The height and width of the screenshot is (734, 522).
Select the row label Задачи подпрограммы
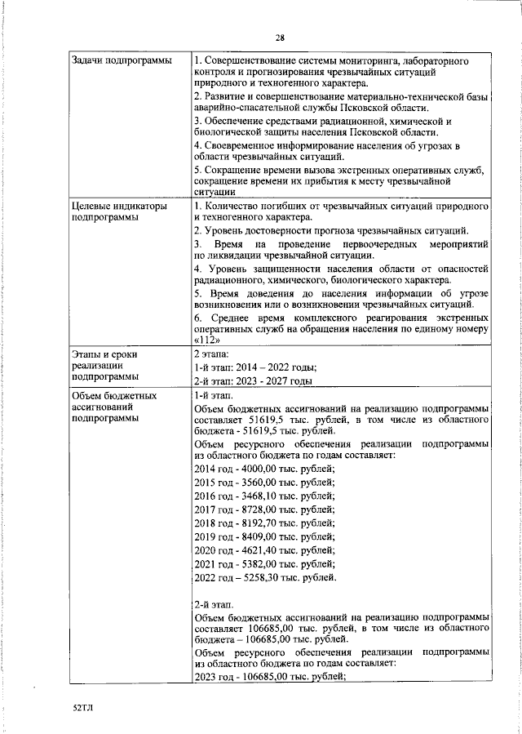click(x=122, y=61)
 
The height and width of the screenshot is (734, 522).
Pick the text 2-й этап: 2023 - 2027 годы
click(x=254, y=380)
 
